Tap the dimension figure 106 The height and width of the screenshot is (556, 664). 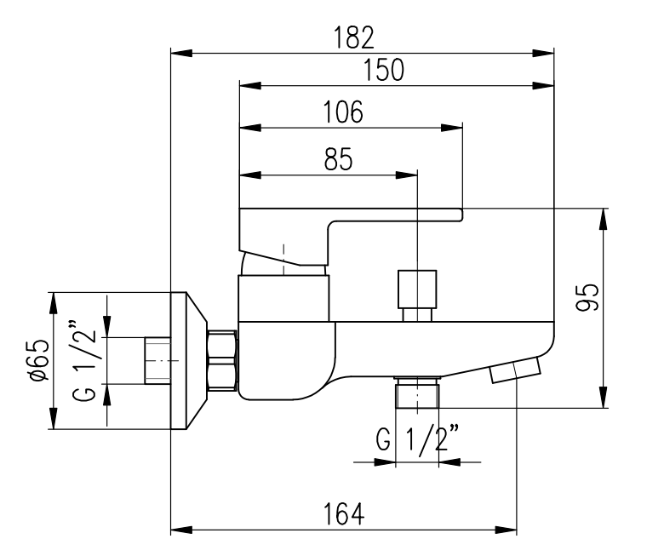pyautogui.click(x=343, y=113)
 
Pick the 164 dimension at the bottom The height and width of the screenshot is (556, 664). pyautogui.click(x=343, y=514)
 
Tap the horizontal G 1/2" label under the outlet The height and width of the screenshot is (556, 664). pyautogui.click(x=416, y=441)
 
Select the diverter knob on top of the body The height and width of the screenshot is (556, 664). pyautogui.click(x=417, y=289)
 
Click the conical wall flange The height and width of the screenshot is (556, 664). pyautogui.click(x=188, y=360)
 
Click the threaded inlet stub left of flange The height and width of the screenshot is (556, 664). pyautogui.click(x=157, y=360)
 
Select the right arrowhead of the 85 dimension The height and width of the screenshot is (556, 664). pyautogui.click(x=411, y=176)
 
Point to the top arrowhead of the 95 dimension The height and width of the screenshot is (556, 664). pyautogui.click(x=604, y=215)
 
